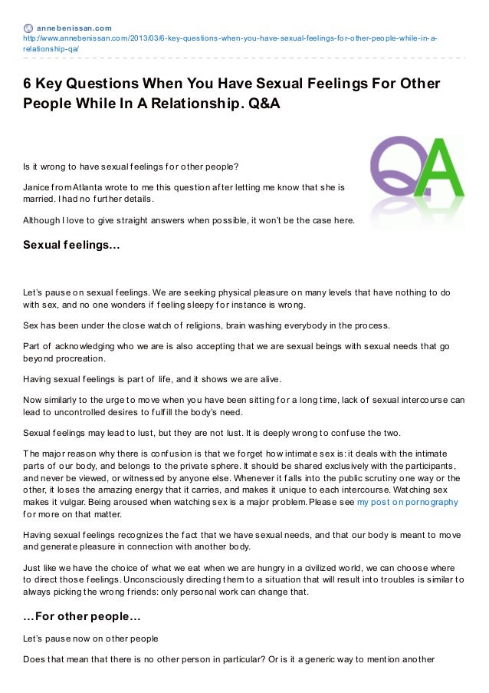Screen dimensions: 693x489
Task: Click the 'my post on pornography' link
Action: tap(408, 501)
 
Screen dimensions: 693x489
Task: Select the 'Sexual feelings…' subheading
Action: tap(71, 246)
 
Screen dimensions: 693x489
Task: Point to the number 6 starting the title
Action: tap(27, 83)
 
